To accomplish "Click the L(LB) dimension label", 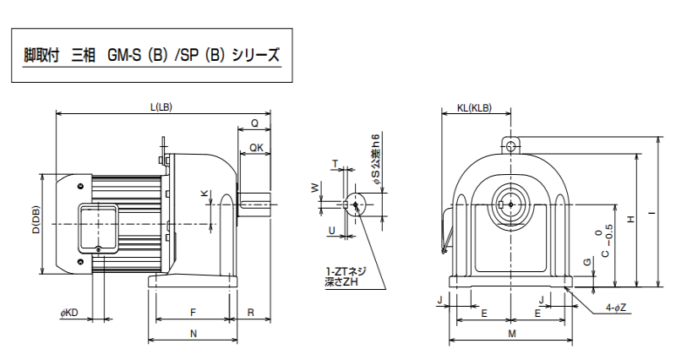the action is (161, 107).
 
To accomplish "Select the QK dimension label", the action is (256, 148).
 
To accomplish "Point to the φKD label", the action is (69, 313).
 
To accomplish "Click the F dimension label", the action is (194, 312).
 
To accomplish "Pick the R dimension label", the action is (250, 312).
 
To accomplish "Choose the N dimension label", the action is (194, 333).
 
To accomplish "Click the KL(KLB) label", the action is (474, 108).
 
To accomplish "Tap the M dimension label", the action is (512, 333).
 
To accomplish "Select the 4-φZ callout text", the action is (616, 308).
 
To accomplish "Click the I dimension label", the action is (652, 212).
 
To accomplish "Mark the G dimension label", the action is (586, 262).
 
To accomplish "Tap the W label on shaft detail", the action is (315, 187).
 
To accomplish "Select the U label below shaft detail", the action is (331, 231).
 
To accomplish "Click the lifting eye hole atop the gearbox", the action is (511, 145).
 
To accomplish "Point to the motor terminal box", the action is (97, 229).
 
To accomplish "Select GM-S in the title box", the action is (124, 56).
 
